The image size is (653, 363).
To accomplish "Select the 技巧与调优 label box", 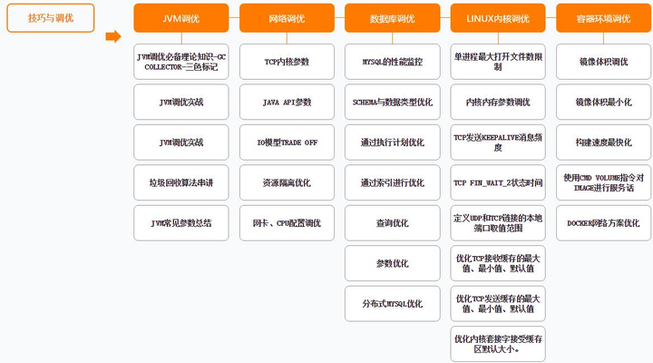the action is pyautogui.click(x=51, y=18).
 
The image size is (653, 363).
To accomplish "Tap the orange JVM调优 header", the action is pyautogui.click(x=181, y=18).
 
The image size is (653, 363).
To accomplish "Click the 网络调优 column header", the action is pyautogui.click(x=287, y=18).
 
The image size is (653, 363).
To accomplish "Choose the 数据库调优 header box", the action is pyautogui.click(x=393, y=18).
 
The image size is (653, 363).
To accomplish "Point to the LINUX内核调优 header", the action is pyautogui.click(x=498, y=18).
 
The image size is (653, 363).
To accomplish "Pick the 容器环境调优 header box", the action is pyautogui.click(x=603, y=18).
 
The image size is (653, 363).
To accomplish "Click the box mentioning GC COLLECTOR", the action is pyautogui.click(x=181, y=62).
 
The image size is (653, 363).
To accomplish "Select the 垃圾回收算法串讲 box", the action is pyautogui.click(x=181, y=182).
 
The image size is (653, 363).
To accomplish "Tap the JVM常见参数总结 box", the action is pyautogui.click(x=181, y=223).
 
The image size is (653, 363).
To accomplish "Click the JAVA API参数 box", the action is pyautogui.click(x=287, y=103).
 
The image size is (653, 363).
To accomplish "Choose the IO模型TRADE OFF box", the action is pyautogui.click(x=287, y=142).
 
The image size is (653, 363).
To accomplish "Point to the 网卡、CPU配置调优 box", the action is pyautogui.click(x=287, y=223).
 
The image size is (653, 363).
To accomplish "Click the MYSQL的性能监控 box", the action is pyautogui.click(x=393, y=62).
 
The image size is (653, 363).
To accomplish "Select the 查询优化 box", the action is pyautogui.click(x=393, y=223).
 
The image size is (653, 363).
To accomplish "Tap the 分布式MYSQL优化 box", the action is pyautogui.click(x=393, y=303).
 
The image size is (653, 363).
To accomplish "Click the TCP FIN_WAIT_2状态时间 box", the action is pyautogui.click(x=498, y=182).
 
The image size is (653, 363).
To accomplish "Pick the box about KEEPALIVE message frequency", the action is pyautogui.click(x=498, y=142).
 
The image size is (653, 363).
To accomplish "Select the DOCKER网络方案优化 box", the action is pyautogui.click(x=603, y=223).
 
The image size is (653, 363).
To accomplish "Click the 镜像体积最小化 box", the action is pyautogui.click(x=603, y=103).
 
